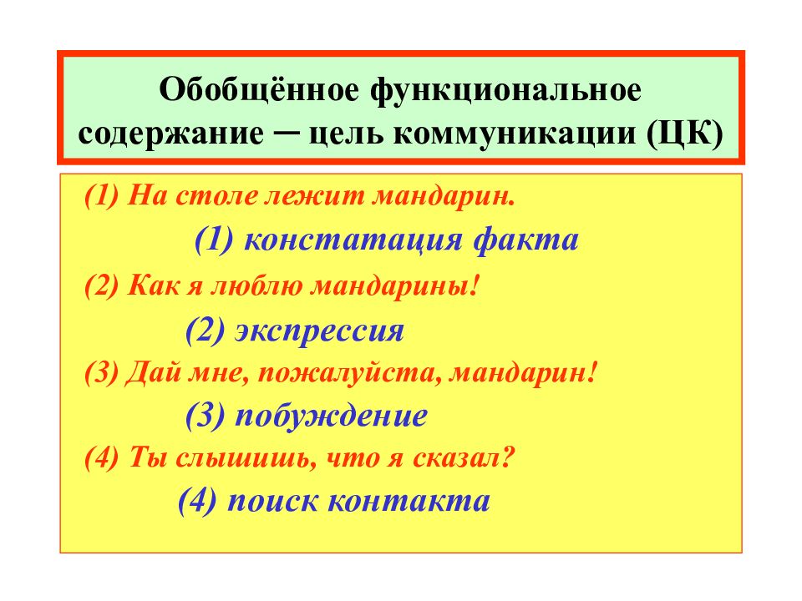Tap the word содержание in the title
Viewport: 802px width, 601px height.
(x=165, y=134)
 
